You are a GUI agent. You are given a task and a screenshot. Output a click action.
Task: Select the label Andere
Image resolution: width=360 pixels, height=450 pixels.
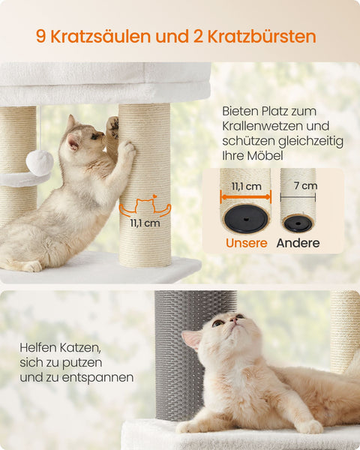(298, 243)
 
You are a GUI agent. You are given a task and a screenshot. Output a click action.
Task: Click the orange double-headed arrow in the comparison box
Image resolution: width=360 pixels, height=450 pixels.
(244, 197)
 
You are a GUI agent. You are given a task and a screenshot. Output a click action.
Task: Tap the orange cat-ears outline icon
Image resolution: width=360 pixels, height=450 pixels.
(145, 206)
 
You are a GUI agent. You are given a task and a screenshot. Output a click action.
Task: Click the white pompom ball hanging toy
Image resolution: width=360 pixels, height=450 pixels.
(40, 161)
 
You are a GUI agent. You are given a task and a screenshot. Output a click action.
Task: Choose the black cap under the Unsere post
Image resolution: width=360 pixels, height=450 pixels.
(245, 218)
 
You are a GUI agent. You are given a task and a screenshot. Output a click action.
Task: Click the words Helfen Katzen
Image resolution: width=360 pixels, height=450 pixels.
(62, 349)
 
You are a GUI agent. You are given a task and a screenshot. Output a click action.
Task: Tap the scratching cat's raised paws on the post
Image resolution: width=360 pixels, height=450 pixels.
(121, 139)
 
